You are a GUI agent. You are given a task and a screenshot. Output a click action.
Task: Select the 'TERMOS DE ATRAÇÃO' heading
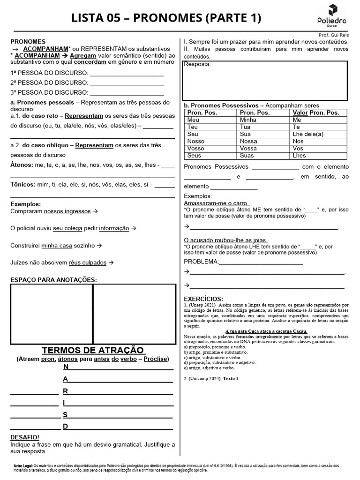[x=93, y=350]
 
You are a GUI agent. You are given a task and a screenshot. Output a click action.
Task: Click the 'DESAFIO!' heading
[x=25, y=437]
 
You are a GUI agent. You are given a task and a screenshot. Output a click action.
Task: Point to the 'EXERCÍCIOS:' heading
[x=203, y=299]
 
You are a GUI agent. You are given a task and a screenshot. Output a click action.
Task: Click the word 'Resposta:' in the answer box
[x=197, y=64]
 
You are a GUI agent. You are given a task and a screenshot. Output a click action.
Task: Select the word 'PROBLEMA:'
[x=201, y=261]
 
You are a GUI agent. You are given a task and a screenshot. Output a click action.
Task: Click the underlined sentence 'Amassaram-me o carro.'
[x=217, y=203]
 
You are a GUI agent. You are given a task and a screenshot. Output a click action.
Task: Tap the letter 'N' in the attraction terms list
[x=66, y=367]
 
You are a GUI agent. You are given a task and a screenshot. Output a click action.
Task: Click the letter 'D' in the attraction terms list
[x=66, y=426]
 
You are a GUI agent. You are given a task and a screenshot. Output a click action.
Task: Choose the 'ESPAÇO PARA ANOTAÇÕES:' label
[x=53, y=280]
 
